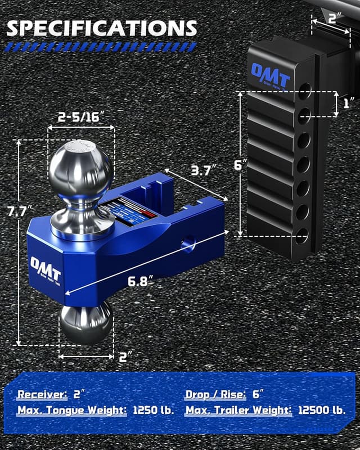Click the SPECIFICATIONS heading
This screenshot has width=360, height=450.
[x=102, y=28]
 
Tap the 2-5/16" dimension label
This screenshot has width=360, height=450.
[x=82, y=117]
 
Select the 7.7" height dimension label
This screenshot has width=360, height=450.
[x=17, y=211]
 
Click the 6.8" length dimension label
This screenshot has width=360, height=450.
[x=141, y=281]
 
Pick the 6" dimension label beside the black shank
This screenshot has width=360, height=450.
[x=241, y=165]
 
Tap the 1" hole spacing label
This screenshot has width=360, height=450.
[x=347, y=103]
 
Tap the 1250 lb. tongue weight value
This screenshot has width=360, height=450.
[x=154, y=410]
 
